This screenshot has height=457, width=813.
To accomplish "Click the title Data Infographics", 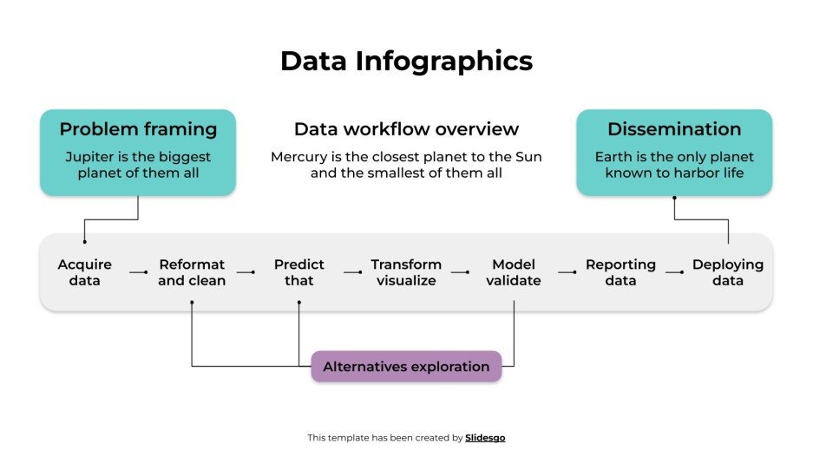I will pyautogui.click(x=406, y=62).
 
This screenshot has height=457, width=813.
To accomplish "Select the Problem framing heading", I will pyautogui.click(x=138, y=129).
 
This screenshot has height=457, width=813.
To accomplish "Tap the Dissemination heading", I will pyautogui.click(x=674, y=129).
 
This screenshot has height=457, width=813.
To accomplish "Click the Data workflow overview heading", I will pyautogui.click(x=406, y=129).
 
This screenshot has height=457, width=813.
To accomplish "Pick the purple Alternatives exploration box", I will pyautogui.click(x=406, y=367).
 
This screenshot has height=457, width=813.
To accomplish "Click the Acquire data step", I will pyautogui.click(x=85, y=272).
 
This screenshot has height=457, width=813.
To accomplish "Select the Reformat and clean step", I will pyautogui.click(x=192, y=272).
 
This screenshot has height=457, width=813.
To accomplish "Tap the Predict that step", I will pyautogui.click(x=299, y=272).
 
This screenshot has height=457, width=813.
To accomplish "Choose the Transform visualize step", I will pyautogui.click(x=406, y=272).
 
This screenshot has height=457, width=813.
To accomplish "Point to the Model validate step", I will pyautogui.click(x=514, y=272).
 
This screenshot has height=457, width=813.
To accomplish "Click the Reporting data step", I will pyautogui.click(x=620, y=272).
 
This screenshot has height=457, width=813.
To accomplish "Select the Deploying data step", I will pyautogui.click(x=728, y=272).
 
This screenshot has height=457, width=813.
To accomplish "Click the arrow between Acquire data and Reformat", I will pyautogui.click(x=139, y=272).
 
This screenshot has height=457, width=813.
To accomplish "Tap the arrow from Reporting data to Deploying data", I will pyautogui.click(x=674, y=272).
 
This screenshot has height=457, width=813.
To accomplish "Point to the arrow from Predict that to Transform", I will pyautogui.click(x=352, y=272).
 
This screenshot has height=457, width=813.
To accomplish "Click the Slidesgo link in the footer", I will pyautogui.click(x=485, y=438).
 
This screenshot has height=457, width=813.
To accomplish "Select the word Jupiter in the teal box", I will pyautogui.click(x=89, y=157).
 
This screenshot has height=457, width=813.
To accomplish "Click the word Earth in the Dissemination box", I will pyautogui.click(x=612, y=157).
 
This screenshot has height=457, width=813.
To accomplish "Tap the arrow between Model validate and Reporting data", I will pyautogui.click(x=567, y=272).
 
